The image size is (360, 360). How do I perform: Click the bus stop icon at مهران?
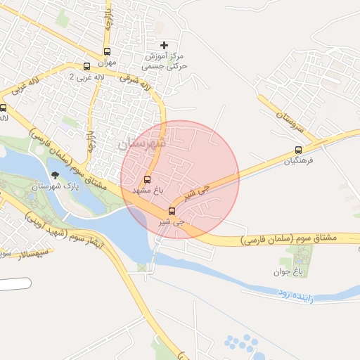point(107,51)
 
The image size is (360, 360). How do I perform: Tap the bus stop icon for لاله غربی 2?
point(86,67)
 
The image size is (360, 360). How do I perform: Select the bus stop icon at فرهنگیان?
point(299,150)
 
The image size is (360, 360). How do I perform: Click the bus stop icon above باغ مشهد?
point(147,179)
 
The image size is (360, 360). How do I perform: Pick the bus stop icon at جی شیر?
point(172,211)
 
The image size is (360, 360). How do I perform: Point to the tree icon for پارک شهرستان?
point(55,176)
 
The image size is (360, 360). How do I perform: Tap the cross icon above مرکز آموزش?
point(165,45)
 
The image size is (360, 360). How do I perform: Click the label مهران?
point(106,62)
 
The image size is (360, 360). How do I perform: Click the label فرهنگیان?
point(297,161)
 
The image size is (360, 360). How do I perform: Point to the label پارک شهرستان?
point(49,187)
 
